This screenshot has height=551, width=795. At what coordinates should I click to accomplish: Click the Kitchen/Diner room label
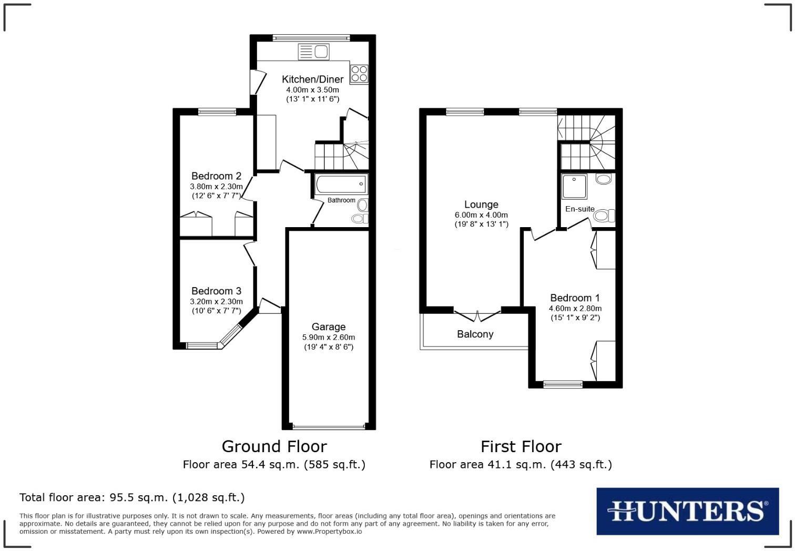[312, 79]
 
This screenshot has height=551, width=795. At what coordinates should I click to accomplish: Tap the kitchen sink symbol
[314, 52]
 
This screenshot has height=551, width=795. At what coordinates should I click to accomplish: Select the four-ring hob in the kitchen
[360, 74]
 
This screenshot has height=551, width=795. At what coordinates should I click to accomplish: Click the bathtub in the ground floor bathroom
[341, 184]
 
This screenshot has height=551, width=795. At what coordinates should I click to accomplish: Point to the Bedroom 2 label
[216, 176]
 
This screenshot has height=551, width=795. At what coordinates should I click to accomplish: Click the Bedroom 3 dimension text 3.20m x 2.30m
[216, 302]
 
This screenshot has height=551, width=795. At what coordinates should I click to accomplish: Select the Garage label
[328, 327]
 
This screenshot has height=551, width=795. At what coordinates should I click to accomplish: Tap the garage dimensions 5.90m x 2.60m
[328, 338]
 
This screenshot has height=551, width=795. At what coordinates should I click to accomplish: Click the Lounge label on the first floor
[481, 205]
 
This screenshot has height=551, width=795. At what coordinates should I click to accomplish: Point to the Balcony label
[475, 334]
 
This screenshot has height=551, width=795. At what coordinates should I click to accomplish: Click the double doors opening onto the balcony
[477, 316]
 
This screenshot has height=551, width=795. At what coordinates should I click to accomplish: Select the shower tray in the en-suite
[574, 187]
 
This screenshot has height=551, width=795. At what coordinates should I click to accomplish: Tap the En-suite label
[579, 209]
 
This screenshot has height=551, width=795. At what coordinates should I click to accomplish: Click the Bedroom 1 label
[575, 298]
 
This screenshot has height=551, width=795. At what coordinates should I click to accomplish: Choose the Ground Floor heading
[274, 446]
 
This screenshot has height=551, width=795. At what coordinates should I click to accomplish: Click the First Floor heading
[521, 446]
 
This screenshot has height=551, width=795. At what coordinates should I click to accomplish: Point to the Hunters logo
[687, 511]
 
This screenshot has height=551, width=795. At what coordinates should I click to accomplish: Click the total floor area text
[132, 497]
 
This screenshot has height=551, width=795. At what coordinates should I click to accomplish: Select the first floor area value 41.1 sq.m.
[521, 465]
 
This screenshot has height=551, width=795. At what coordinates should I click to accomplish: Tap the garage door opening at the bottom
[329, 426]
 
